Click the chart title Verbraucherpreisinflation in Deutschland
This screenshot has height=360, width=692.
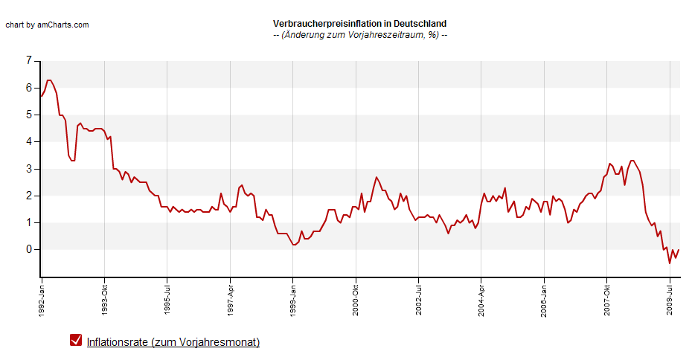click(359, 24)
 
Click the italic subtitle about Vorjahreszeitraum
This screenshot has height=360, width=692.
click(360, 35)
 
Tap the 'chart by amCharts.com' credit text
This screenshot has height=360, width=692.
click(47, 25)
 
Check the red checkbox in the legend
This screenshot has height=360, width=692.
click(76, 340)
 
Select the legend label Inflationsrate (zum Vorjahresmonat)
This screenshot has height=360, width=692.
click(173, 342)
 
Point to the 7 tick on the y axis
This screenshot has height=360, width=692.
click(29, 60)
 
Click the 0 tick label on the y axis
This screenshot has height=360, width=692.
click(29, 249)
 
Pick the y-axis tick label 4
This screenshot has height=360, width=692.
click(29, 141)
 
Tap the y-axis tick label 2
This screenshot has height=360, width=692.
click(29, 196)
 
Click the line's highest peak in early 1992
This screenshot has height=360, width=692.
click(49, 80)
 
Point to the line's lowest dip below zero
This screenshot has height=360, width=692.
click(670, 263)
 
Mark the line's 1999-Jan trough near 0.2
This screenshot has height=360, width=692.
click(294, 245)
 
